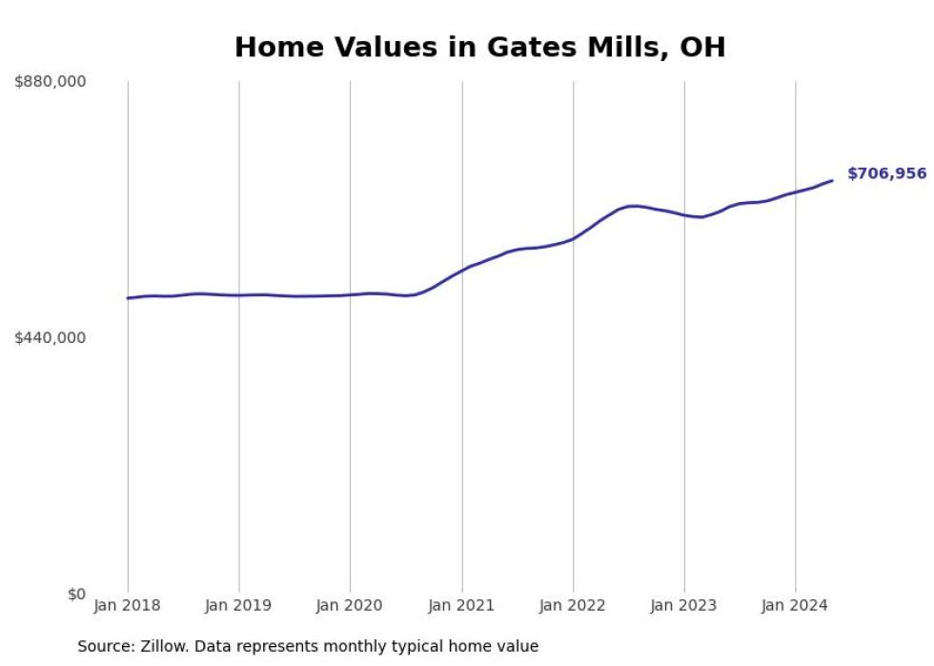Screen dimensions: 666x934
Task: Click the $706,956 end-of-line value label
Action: coord(886,173)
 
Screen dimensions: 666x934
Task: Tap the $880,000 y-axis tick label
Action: coord(51,82)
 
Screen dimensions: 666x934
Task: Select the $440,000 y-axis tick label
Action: coord(51,337)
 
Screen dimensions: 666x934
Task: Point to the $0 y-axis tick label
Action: coord(76,595)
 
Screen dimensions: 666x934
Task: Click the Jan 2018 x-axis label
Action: coord(128,605)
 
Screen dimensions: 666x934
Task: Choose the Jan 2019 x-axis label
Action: coord(238,605)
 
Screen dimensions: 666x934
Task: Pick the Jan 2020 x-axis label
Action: coord(350,605)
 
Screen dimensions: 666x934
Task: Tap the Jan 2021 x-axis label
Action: coord(462,605)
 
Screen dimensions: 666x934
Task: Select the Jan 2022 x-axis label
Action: coord(573,605)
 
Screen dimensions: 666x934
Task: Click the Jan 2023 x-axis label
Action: coord(684,605)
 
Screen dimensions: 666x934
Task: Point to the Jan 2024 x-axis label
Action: coord(796,605)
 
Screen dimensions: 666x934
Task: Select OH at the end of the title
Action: coord(702,48)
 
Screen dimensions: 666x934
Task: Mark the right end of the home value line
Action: coord(832,180)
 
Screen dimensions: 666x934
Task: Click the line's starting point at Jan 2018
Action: coord(128,298)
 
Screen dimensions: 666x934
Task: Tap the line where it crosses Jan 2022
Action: coord(573,238)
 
